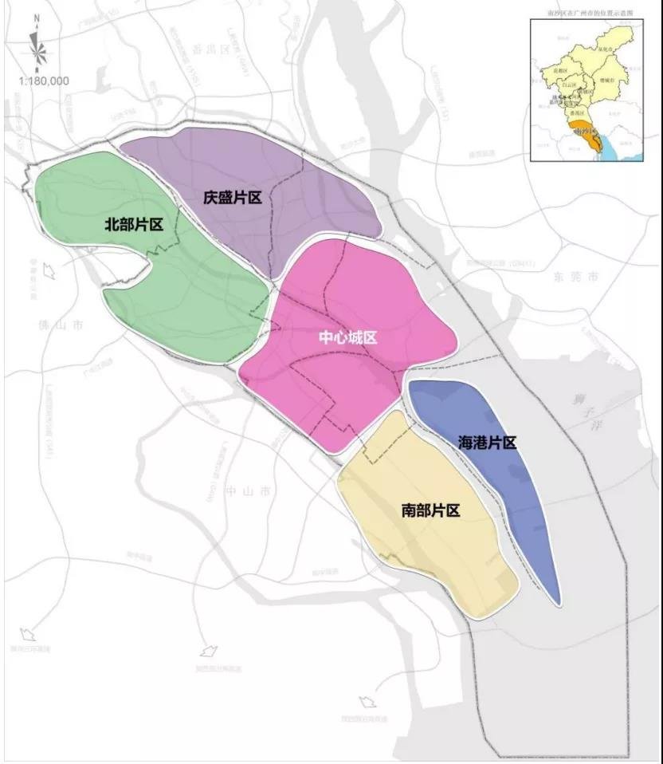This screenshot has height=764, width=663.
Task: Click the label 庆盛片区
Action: (x=233, y=197)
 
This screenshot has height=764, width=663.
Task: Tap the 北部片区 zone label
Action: (x=134, y=225)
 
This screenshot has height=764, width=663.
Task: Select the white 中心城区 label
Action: (x=348, y=337)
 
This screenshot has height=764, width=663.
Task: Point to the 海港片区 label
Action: (x=488, y=442)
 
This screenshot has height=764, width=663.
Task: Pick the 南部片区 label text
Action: (x=431, y=510)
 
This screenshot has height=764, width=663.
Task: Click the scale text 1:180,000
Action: (x=43, y=81)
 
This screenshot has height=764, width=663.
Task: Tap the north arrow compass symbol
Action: (x=37, y=49)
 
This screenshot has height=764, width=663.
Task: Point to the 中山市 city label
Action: (x=243, y=490)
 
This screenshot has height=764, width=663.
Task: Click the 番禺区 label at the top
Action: (x=237, y=49)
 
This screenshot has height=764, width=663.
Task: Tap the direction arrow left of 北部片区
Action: (x=49, y=271)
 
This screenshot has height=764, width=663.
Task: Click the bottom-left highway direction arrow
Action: (x=28, y=636)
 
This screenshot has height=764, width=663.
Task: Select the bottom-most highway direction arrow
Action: (x=367, y=703)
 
